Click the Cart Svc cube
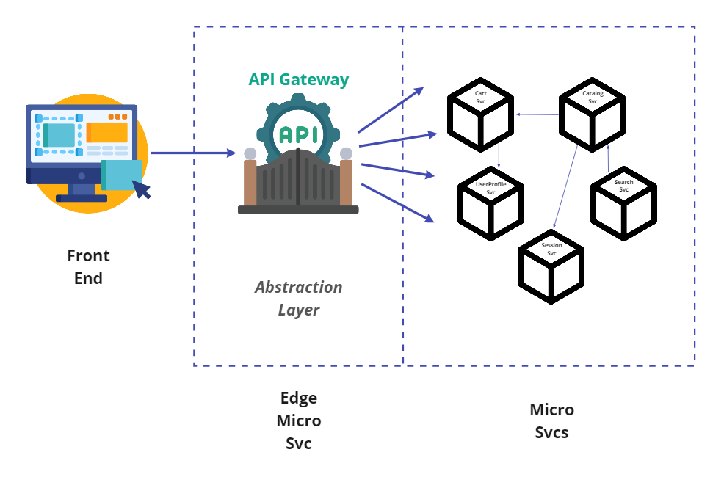(481, 117)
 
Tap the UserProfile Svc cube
(490, 204)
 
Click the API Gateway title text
(299, 79)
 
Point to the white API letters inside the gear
(299, 135)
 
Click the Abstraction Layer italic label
(298, 298)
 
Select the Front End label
(88, 266)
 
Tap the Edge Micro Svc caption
(299, 420)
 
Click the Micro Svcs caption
(551, 420)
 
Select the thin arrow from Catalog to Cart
(537, 114)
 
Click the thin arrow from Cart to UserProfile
(499, 156)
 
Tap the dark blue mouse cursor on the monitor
(141, 189)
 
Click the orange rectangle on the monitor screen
(106, 133)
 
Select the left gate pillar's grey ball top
(250, 153)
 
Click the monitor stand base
(82, 197)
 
